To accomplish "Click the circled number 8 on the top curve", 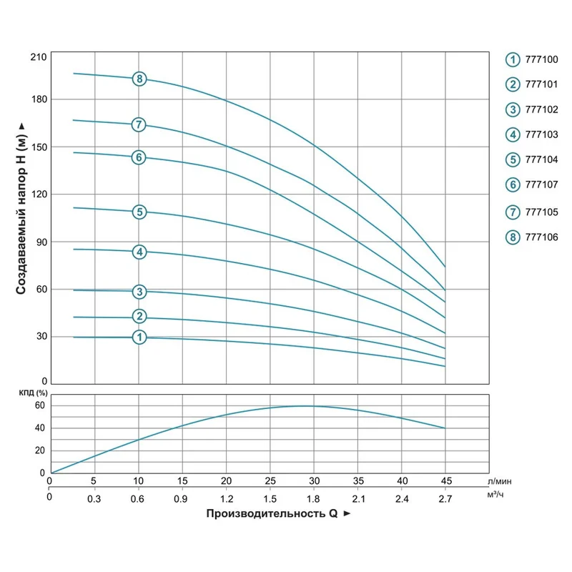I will (x=139, y=79).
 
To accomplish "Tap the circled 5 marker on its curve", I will (x=139, y=212).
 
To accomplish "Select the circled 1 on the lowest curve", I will (x=139, y=337).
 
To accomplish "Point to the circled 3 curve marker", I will (x=139, y=291).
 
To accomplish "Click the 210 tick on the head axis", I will (x=38, y=56).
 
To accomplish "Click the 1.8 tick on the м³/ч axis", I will (x=313, y=498).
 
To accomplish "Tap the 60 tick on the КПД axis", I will (x=40, y=405).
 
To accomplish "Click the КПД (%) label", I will (x=33, y=393).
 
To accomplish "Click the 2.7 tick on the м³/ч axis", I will (x=445, y=498).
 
